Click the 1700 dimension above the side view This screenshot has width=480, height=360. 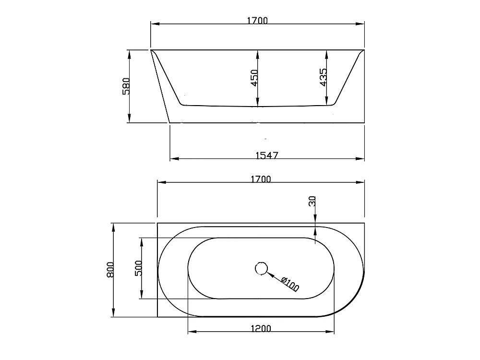[x=257, y=20]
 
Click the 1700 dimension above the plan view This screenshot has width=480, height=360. [x=261, y=179]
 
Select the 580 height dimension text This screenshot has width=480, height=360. [x=126, y=86]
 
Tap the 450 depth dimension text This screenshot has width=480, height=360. [x=254, y=78]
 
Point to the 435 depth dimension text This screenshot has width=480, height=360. [x=323, y=77]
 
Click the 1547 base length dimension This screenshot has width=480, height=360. [x=267, y=155]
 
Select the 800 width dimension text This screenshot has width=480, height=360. [x=110, y=270]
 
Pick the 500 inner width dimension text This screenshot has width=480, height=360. [x=139, y=268]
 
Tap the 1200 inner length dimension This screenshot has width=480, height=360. [x=261, y=328]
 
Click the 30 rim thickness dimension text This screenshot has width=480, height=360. [x=312, y=201]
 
